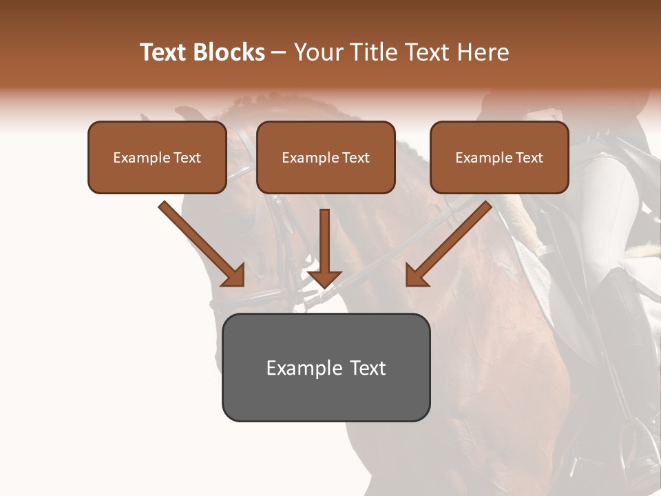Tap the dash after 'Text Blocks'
tap(279, 53)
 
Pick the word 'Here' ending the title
tap(483, 52)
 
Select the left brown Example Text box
tap(157, 158)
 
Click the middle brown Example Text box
tap(326, 158)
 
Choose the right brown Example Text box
tap(499, 158)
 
